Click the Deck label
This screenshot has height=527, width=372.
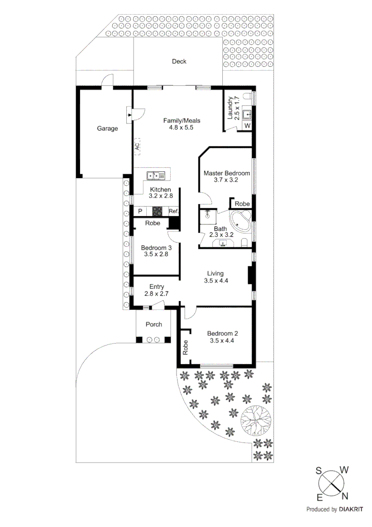point(179,61)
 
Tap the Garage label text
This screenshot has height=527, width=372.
point(107,129)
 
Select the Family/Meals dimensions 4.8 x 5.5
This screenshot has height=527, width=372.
point(181,128)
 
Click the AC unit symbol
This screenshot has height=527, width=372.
point(137,145)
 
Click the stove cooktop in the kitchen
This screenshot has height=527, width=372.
point(157,211)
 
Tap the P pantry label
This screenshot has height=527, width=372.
point(140,211)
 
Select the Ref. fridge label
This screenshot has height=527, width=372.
point(173,211)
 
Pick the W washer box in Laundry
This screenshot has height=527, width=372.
point(247,126)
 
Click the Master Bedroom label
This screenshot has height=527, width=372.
point(227,173)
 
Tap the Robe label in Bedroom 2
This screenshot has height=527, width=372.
point(185,347)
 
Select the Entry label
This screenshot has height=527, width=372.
point(157,287)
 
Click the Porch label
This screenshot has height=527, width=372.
point(154,324)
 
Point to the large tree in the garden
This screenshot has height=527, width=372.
point(256,419)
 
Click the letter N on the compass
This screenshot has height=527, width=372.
point(344,496)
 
